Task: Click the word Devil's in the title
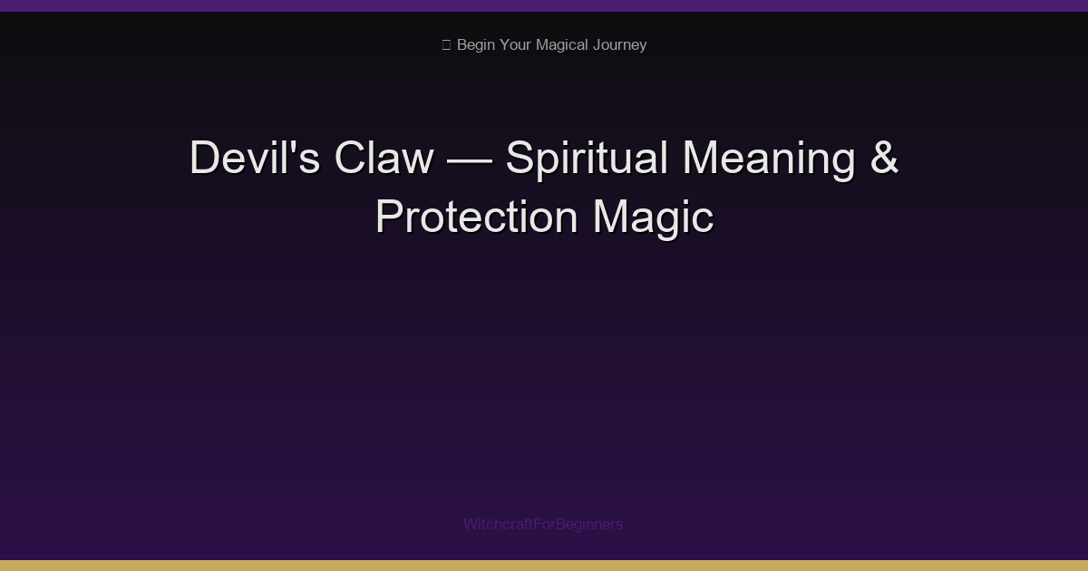point(255,159)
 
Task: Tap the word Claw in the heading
point(384,159)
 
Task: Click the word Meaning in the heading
point(769,159)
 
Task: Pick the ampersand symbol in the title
point(884,159)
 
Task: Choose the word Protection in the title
point(477,218)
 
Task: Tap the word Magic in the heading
point(653,218)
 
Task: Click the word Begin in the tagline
point(475,45)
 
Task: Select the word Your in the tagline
point(516,45)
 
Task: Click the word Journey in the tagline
point(621,45)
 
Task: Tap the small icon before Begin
point(446,45)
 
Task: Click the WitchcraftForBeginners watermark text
point(543,524)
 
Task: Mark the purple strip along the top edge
point(544,5)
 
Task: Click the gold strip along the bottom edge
point(544,566)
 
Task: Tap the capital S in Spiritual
point(520,159)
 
